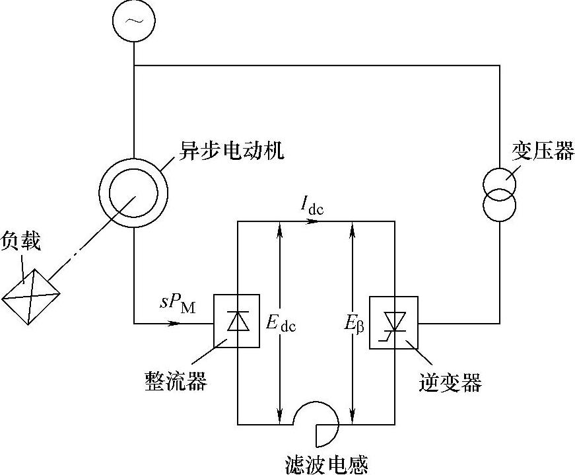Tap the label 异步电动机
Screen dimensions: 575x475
[232, 150]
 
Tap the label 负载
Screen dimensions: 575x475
[20, 241]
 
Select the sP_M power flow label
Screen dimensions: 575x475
[178, 303]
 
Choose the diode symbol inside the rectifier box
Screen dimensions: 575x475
[238, 320]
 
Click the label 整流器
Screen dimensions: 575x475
[176, 381]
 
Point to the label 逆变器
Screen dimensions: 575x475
[450, 383]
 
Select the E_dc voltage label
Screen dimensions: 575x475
[281, 324]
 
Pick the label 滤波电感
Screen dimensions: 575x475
[326, 464]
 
